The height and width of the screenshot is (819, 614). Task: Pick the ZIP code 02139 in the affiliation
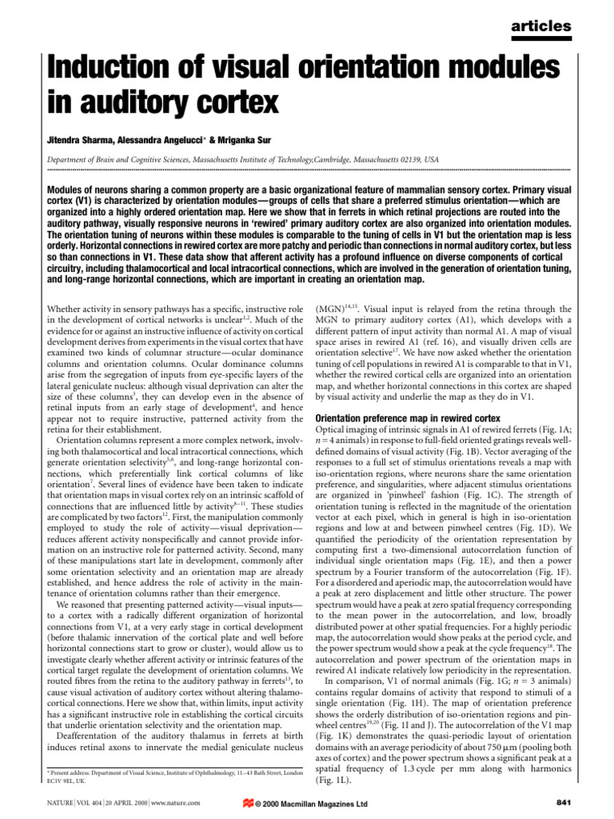coord(403,159)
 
